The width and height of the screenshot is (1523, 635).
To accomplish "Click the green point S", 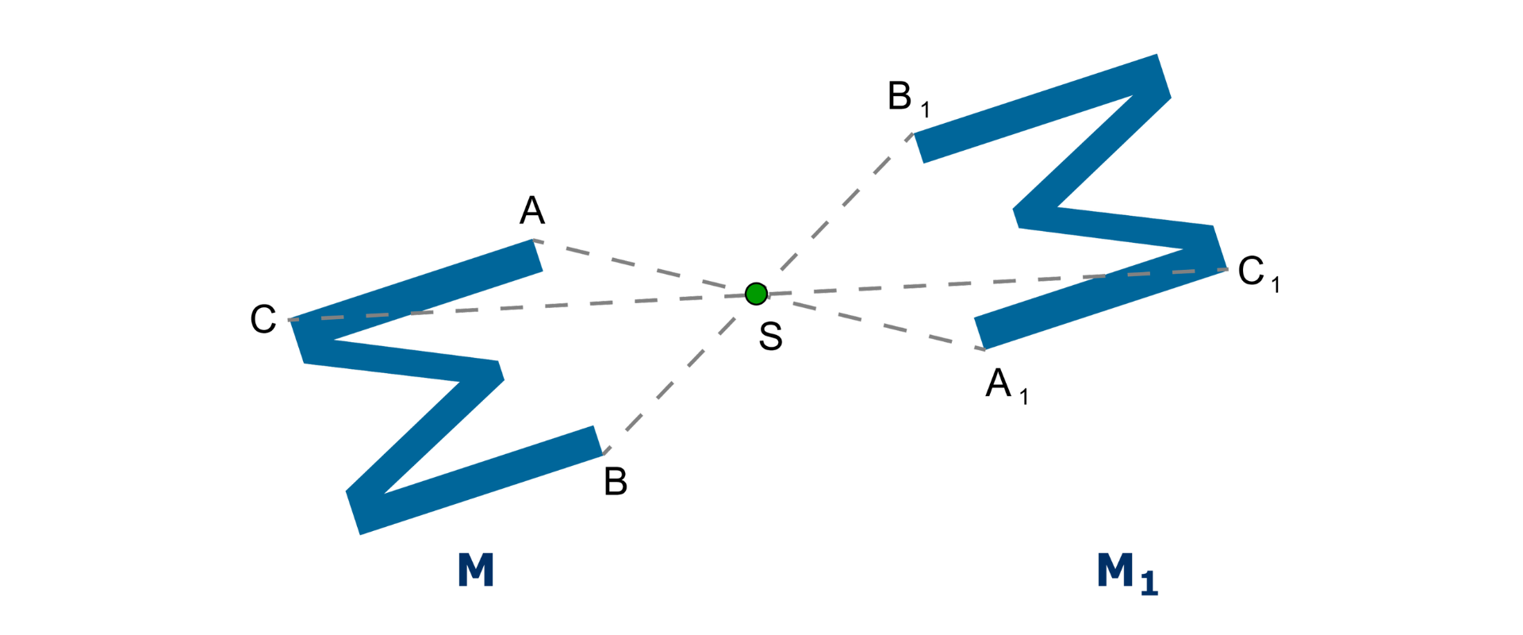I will pyautogui.click(x=756, y=294).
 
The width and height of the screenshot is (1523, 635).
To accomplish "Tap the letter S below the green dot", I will pyautogui.click(x=770, y=337).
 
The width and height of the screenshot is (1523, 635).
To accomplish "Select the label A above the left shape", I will pyautogui.click(x=532, y=210).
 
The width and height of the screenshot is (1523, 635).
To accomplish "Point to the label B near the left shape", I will pyautogui.click(x=616, y=482).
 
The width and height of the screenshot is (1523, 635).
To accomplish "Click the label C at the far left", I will pyautogui.click(x=263, y=319).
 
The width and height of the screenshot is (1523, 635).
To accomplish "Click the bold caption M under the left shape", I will pyautogui.click(x=476, y=570).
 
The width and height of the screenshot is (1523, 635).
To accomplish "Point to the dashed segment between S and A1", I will pyautogui.click(x=873, y=322).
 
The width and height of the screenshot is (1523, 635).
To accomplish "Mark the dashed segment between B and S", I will pyautogui.click(x=674, y=379).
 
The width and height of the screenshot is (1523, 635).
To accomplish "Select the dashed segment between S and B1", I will pyautogui.click(x=841, y=206).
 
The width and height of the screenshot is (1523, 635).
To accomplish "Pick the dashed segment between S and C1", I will pyautogui.click(x=992, y=282).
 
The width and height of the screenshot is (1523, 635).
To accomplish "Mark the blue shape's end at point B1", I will pyautogui.click(x=920, y=148).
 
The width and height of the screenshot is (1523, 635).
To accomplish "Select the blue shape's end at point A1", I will pyautogui.click(x=980, y=333).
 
